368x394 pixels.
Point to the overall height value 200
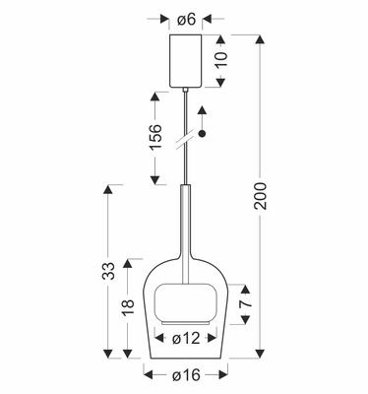(261, 196)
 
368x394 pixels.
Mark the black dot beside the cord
(204, 135)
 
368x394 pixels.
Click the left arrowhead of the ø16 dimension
(148, 373)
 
